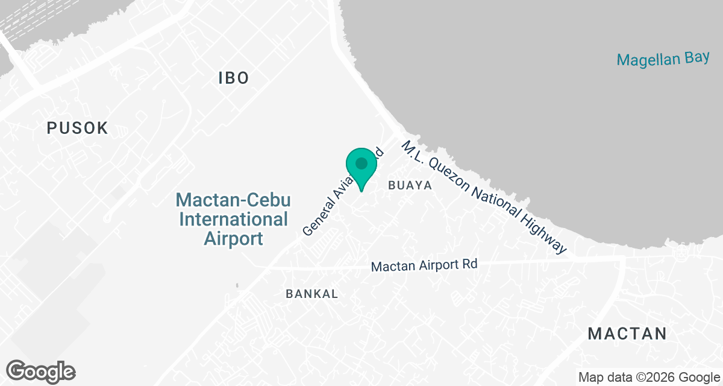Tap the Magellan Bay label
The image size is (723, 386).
pos(663,59)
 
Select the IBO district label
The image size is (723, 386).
pos(234,78)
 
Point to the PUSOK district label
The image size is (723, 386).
pos(78,128)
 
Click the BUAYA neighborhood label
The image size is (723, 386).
pos(410,186)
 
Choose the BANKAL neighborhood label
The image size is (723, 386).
pos(312,294)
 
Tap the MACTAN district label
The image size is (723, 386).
pos(627,334)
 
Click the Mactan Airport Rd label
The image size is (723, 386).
pos(424,265)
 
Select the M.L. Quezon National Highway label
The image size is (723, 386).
pos(484,197)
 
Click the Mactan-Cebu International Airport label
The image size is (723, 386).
pos(234,219)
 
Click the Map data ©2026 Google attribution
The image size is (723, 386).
pos(648,378)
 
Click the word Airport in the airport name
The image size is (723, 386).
pos(234,238)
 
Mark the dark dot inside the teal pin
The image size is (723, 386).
pos(361,163)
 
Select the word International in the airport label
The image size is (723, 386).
pos(234,219)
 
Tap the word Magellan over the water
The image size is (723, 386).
pos(648,60)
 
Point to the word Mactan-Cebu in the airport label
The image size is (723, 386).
pos(234,200)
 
